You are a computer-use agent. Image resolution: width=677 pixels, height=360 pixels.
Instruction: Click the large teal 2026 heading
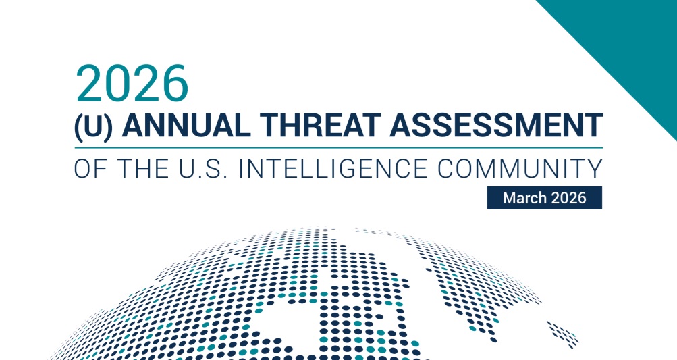[x=132, y=83]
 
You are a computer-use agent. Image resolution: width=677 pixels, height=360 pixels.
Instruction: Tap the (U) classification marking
[x=93, y=126]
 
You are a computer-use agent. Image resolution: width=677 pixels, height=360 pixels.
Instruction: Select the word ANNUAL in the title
[x=186, y=125]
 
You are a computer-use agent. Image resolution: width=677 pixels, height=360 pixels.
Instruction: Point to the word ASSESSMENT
[x=496, y=125]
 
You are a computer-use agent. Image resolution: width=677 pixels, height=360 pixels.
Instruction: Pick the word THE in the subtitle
[x=143, y=169]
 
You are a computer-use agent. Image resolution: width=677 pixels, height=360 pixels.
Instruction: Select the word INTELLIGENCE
[x=333, y=169]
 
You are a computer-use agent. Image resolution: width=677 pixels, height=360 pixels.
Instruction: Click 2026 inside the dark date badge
[x=568, y=198]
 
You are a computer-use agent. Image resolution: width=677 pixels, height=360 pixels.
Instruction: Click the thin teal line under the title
[x=339, y=148]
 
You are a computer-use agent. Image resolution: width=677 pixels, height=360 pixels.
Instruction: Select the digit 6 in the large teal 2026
[x=175, y=83]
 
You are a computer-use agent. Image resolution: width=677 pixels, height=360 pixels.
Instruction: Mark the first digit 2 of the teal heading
[x=88, y=83]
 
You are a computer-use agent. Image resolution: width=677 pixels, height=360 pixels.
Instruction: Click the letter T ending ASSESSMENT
[x=593, y=125]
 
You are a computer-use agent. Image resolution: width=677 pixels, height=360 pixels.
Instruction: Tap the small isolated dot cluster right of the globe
[x=562, y=334]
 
